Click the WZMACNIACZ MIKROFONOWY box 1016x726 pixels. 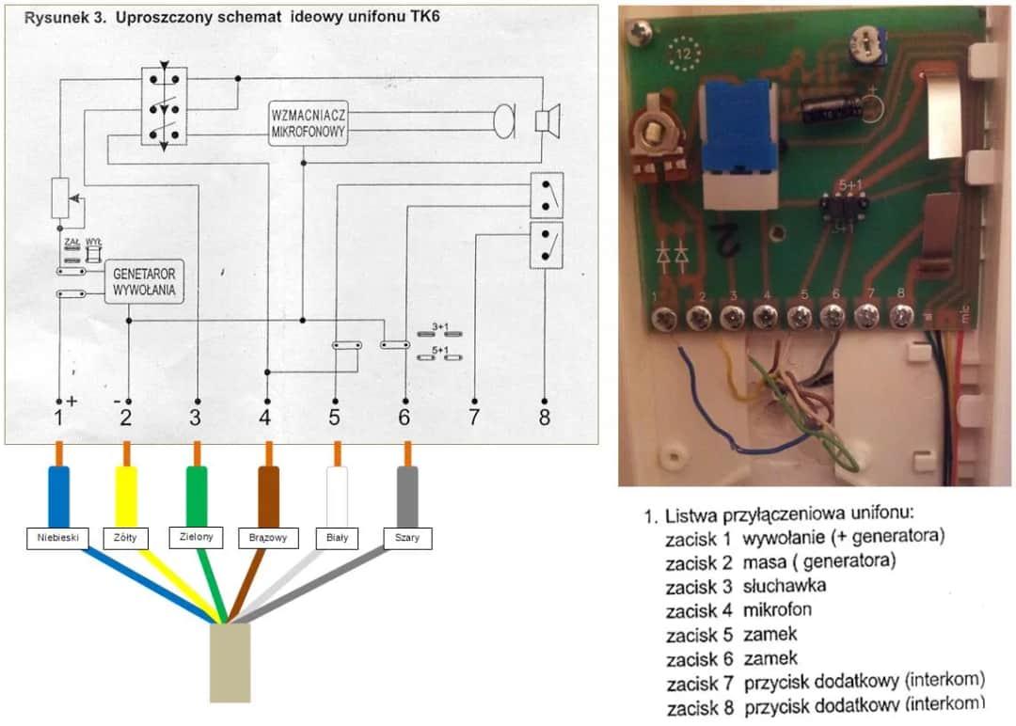pos(308,122)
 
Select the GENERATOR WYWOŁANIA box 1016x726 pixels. pos(145,279)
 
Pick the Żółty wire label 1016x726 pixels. pos(125,538)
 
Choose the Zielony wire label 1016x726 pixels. pos(197,537)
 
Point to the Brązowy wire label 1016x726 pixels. pos(268,538)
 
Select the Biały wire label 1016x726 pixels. pos(337,538)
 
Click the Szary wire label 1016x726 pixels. pos(407,538)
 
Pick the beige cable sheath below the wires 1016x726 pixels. pos(230,662)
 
